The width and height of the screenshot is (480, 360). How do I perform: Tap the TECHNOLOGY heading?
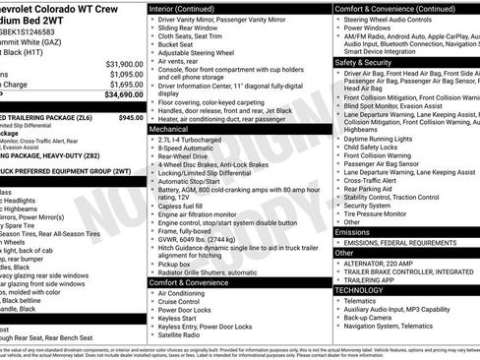click(x=360, y=290)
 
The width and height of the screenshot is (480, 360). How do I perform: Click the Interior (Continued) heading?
click(x=190, y=8)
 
